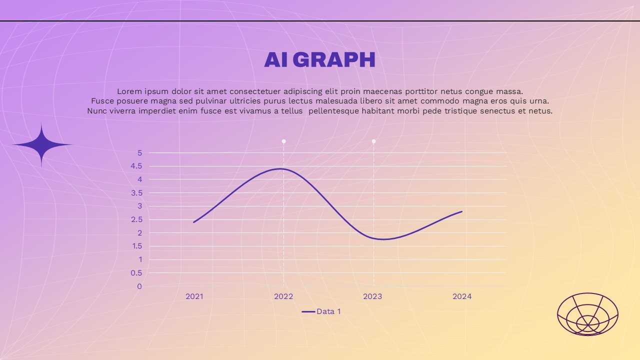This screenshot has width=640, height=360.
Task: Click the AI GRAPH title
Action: point(319,59)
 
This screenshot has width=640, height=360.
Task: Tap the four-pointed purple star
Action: point(41,145)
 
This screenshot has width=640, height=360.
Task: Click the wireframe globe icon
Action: point(587,314)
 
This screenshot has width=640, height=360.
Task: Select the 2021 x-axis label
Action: point(194,296)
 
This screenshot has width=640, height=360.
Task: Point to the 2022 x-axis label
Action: point(283,296)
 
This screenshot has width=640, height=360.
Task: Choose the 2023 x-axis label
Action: point(372,296)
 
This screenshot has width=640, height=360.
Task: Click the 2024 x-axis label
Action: point(462,296)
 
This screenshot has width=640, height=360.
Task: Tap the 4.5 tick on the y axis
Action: point(136,166)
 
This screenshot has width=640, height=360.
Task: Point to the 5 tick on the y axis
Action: point(139,153)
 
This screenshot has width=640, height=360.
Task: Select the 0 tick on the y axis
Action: point(139,286)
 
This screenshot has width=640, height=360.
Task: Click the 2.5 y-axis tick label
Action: point(136,219)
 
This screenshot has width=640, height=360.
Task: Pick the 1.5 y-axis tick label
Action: point(137,246)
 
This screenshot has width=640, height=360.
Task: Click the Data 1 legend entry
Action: point(321,311)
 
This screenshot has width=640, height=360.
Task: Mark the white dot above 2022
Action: point(283,141)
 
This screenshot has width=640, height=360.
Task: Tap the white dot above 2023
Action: point(373,141)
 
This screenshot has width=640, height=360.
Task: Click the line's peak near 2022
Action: point(281,169)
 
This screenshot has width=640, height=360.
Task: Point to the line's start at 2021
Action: point(194,222)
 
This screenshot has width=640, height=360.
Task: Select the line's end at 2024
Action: point(461,211)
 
